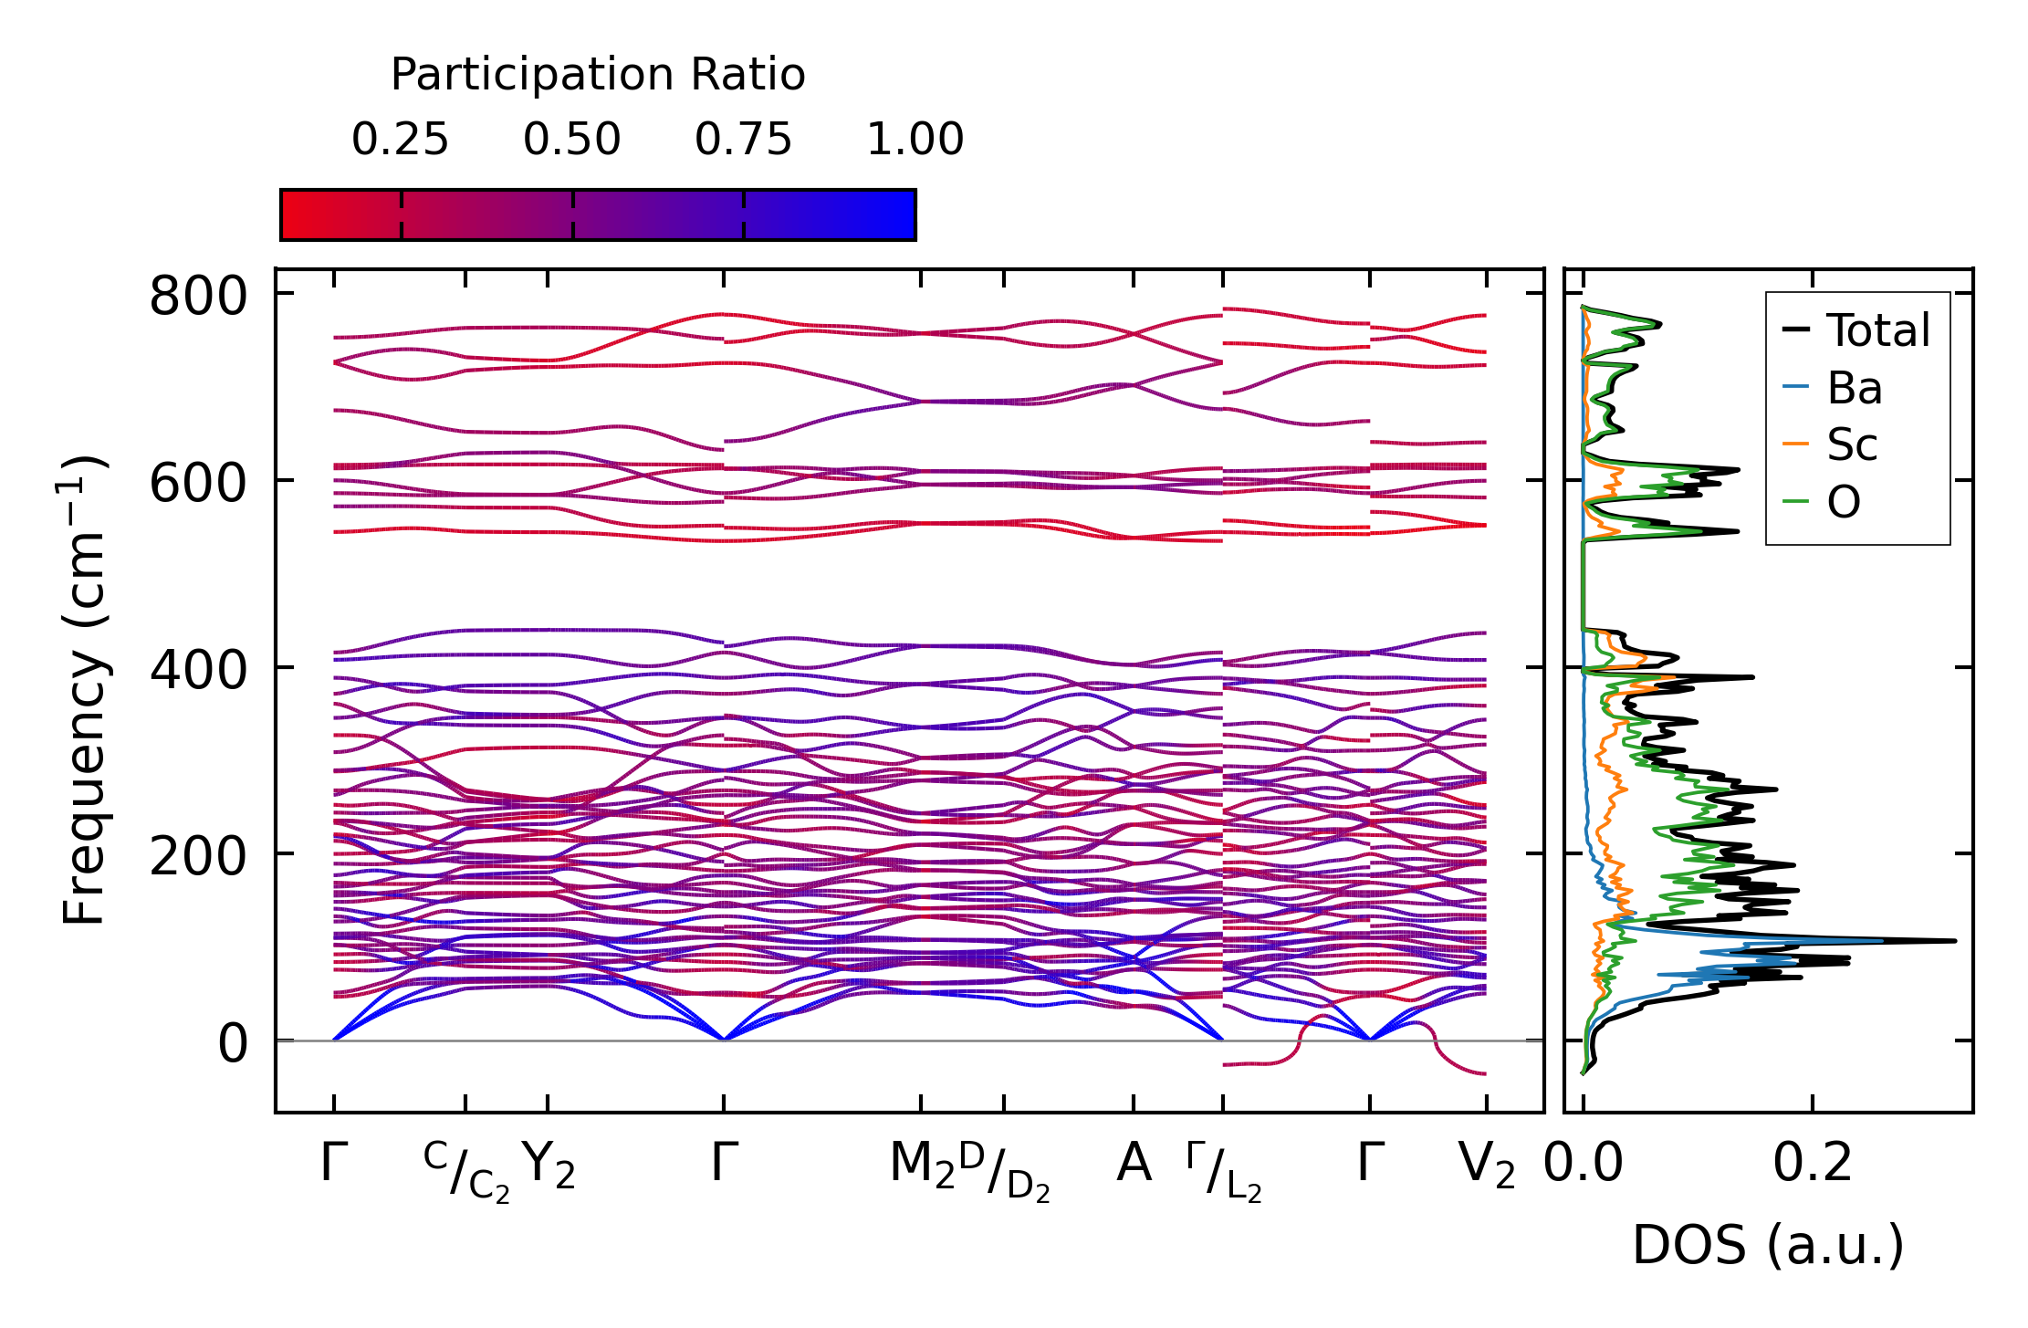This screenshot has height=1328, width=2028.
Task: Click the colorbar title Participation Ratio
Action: coord(598,75)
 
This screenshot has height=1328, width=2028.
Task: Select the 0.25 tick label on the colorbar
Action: coord(400,141)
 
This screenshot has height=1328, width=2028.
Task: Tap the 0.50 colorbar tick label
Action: coord(571,141)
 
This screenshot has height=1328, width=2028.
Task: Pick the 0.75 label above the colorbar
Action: coord(743,141)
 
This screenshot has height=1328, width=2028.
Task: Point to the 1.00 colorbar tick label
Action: coord(915,141)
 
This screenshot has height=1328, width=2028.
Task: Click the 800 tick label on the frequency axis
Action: coord(198,297)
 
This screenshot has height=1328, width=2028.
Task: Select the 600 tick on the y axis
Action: coord(198,484)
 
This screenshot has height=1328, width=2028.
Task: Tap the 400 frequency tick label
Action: coord(198,670)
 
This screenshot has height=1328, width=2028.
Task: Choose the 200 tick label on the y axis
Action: coord(198,857)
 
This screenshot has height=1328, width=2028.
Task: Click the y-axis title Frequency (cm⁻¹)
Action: coord(84,690)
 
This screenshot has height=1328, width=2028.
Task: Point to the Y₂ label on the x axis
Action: coord(548,1166)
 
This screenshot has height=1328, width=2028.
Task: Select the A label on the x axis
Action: coord(1134,1164)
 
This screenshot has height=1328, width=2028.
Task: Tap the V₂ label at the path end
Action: coord(1486,1166)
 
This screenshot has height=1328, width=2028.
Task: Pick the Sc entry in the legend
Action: coord(1852,445)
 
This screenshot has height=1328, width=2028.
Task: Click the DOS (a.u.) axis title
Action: coord(1768,1246)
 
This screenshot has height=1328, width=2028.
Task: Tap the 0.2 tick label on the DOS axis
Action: coord(1813,1164)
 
